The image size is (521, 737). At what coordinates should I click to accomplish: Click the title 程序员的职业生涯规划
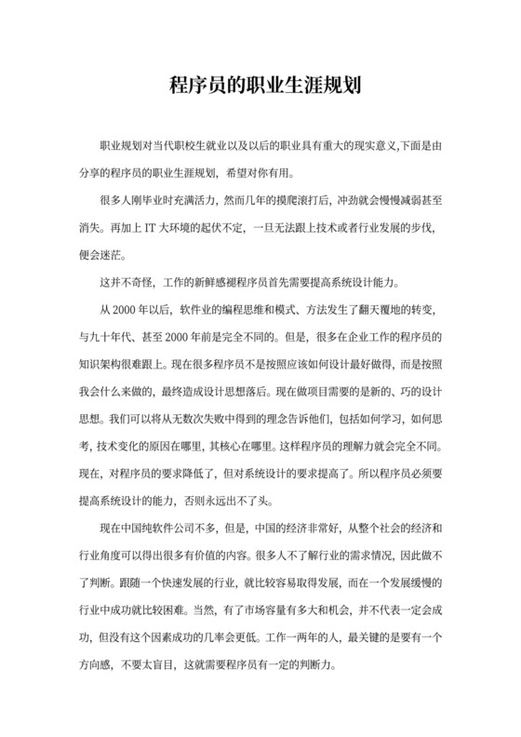click(260, 86)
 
